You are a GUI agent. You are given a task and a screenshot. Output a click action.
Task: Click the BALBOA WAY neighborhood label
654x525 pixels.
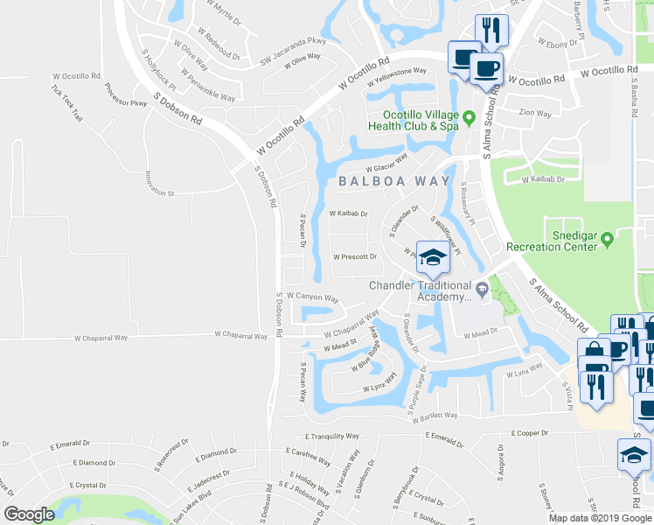click(x=394, y=181)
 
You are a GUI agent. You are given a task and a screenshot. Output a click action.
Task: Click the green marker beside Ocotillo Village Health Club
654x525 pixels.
click(x=469, y=116)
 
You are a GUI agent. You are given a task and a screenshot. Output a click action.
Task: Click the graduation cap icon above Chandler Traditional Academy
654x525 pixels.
click(x=432, y=257)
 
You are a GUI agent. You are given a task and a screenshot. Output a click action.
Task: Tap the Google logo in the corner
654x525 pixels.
click(x=30, y=514)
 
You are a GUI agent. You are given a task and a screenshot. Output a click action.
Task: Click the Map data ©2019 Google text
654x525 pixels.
click(x=600, y=518)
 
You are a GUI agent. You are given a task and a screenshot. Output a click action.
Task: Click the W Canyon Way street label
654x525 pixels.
click(x=310, y=296)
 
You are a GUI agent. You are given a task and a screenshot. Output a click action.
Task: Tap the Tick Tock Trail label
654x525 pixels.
click(x=66, y=103)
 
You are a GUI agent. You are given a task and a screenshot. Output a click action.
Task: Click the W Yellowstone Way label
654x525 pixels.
click(x=397, y=77)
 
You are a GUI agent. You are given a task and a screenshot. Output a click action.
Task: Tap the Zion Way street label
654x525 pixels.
click(x=535, y=113)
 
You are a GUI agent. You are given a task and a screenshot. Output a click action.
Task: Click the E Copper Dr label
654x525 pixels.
click(x=529, y=433)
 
